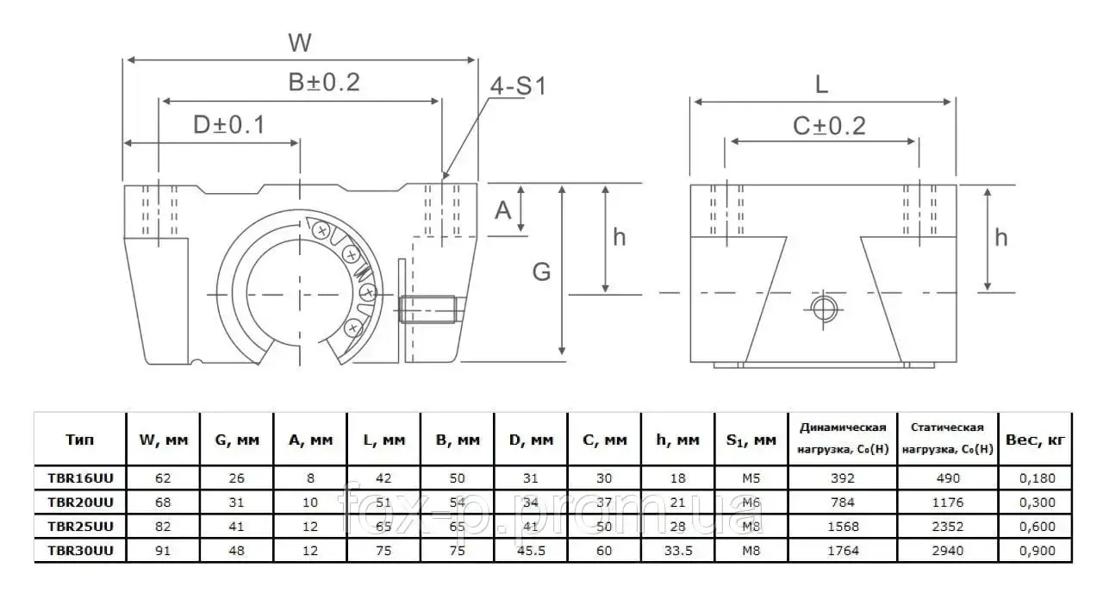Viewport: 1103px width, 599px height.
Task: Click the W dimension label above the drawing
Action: [300, 42]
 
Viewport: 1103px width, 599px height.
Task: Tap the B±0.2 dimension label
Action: [324, 82]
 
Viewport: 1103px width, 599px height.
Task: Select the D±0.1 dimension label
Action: [229, 125]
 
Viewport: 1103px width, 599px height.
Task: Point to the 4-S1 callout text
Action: [518, 86]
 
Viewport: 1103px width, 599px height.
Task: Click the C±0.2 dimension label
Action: [829, 126]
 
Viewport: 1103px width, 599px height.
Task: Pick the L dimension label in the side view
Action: [821, 84]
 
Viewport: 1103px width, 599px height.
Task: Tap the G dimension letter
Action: [542, 271]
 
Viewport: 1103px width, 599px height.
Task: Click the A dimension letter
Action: [502, 210]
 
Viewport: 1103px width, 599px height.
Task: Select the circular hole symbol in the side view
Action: [824, 309]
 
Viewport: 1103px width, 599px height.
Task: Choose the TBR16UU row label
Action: [80, 477]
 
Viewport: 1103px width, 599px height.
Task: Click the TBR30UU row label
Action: [80, 550]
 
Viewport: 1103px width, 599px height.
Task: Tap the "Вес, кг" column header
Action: [1035, 440]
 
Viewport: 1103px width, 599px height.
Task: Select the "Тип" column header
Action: [79, 439]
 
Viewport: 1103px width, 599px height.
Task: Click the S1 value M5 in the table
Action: [751, 477]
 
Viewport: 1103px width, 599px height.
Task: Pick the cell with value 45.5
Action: [531, 550]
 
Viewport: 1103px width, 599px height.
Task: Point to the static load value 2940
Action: [947, 550]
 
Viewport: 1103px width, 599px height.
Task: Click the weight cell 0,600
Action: [1037, 526]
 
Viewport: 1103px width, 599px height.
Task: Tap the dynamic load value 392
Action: [843, 477]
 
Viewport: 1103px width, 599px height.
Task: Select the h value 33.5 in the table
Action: [677, 550]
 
